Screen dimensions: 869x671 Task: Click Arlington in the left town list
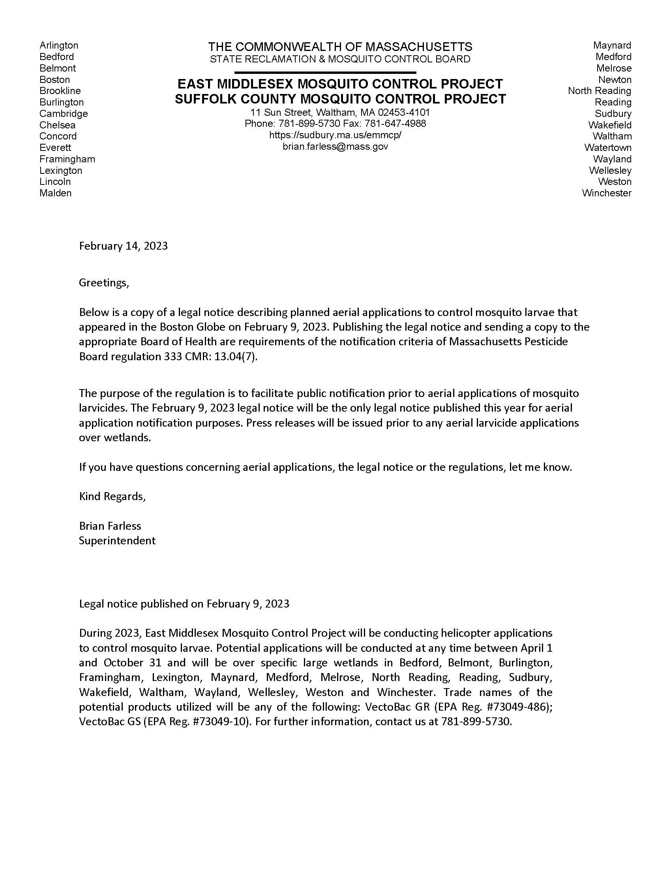59,45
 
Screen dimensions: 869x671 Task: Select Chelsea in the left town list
57,125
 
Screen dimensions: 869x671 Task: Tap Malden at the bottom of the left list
55,194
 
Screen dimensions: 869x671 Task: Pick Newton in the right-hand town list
615,79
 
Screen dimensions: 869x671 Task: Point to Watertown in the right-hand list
607,148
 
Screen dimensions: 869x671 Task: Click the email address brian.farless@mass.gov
335,147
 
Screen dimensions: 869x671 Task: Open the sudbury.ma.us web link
335,135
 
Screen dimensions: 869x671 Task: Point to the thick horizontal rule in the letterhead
325,72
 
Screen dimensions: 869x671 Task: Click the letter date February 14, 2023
123,246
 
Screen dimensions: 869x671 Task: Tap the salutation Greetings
104,282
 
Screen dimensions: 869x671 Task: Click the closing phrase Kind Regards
112,496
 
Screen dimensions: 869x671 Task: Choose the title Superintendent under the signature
117,540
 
